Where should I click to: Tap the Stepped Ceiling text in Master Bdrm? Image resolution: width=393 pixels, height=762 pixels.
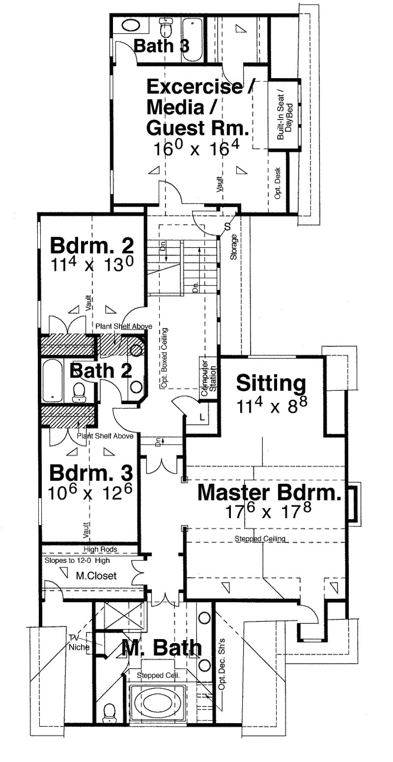pos(260,539)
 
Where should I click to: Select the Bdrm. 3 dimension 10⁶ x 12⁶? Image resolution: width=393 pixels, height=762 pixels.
pos(91,493)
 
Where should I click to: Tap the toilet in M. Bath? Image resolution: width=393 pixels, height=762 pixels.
pos(110,711)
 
